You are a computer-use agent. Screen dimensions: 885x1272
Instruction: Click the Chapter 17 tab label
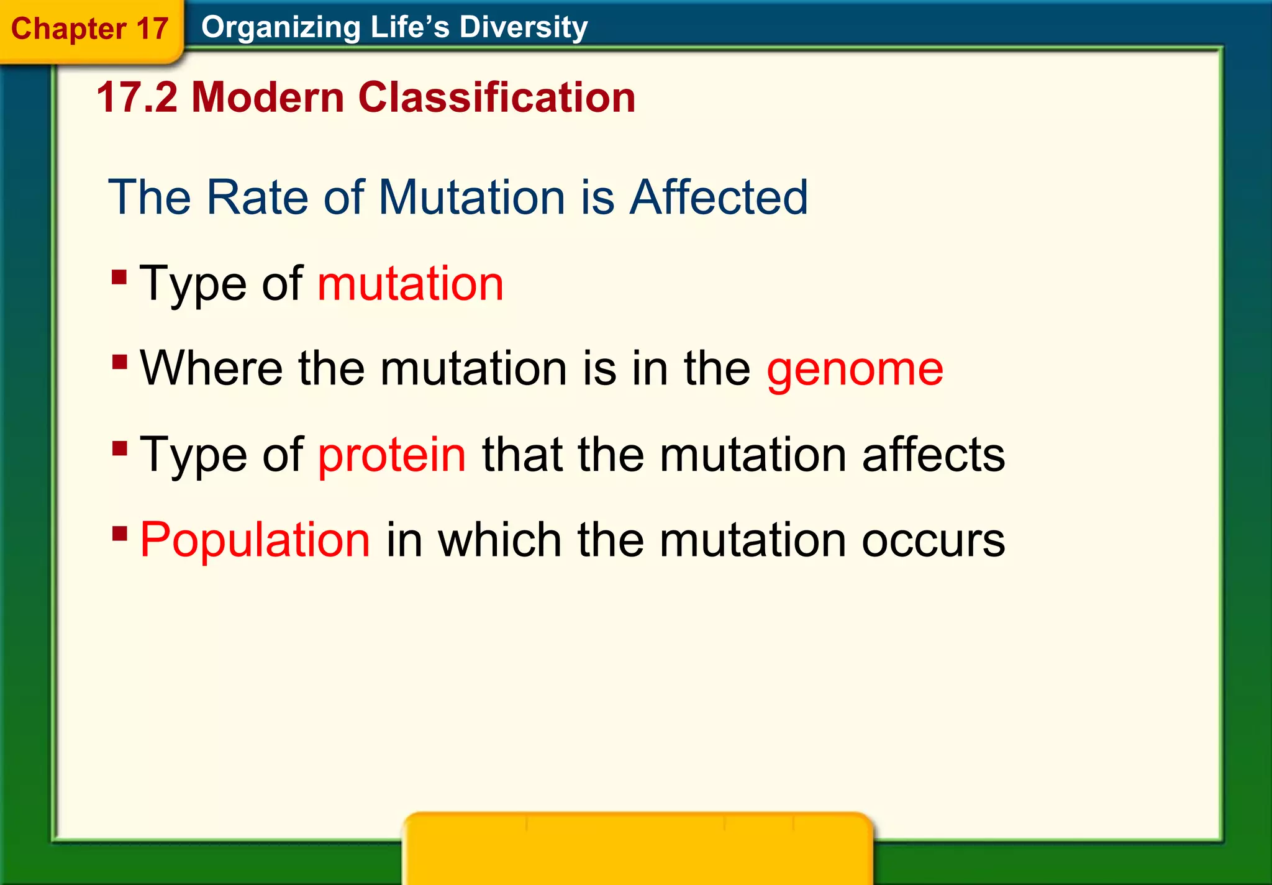(x=89, y=29)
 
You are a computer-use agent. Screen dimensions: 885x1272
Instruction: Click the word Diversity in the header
(x=523, y=27)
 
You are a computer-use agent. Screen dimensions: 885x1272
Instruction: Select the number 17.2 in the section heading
(x=137, y=98)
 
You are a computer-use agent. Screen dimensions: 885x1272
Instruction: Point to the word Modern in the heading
(x=267, y=98)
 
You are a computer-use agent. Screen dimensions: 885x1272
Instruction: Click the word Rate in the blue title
(x=257, y=197)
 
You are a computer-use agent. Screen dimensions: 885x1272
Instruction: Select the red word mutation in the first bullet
(x=410, y=284)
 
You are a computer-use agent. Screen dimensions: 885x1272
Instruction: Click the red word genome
(x=855, y=370)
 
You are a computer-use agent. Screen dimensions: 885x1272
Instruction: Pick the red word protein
(x=391, y=455)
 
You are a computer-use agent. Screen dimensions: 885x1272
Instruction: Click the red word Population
(x=255, y=540)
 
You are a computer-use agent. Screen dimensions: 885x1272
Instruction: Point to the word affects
(x=933, y=455)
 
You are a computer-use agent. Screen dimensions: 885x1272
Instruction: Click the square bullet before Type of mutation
(x=119, y=276)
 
